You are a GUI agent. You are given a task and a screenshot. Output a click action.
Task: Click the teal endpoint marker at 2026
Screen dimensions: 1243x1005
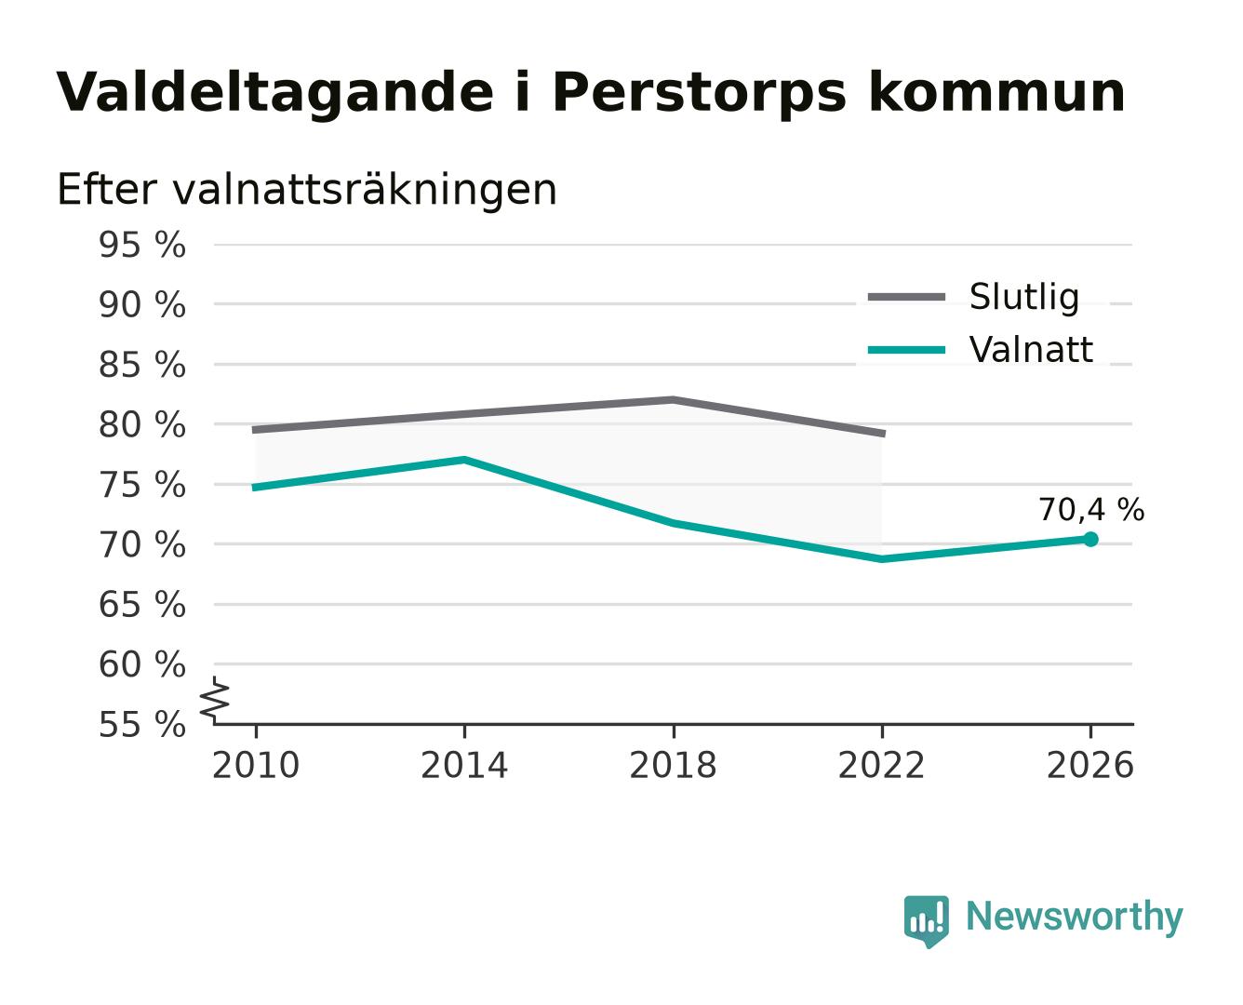point(1089,539)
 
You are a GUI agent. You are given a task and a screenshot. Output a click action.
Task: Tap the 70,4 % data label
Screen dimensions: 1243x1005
point(1090,510)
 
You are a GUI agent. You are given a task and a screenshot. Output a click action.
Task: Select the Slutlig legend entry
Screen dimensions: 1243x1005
point(973,297)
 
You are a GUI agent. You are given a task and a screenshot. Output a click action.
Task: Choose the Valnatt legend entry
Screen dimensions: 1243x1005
point(981,350)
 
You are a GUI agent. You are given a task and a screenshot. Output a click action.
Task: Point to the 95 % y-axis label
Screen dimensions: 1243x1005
point(141,245)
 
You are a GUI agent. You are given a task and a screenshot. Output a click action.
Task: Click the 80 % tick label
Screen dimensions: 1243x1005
point(141,425)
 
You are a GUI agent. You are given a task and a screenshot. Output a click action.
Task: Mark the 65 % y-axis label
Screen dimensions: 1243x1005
point(141,604)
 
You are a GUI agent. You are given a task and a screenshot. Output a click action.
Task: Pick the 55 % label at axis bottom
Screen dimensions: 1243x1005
point(141,725)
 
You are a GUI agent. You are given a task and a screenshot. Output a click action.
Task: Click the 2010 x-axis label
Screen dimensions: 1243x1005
point(256,765)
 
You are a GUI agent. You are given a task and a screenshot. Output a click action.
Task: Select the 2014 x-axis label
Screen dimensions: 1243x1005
point(464,765)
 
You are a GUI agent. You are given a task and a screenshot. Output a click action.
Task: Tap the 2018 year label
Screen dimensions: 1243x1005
point(673,765)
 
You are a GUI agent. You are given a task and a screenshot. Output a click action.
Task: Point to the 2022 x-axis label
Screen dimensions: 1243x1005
point(881,765)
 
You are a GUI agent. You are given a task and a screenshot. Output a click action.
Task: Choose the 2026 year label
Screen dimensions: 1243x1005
point(1089,765)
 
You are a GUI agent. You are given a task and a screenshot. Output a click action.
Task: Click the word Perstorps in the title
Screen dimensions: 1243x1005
point(699,93)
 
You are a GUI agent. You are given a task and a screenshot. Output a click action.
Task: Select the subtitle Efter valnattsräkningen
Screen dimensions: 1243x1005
point(307,190)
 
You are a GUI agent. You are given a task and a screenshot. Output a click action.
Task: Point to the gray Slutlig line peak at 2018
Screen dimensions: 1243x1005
point(673,400)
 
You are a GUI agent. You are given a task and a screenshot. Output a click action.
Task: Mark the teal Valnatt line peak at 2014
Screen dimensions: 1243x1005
point(464,460)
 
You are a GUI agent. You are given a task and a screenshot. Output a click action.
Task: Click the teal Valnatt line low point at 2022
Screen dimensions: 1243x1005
point(881,559)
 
